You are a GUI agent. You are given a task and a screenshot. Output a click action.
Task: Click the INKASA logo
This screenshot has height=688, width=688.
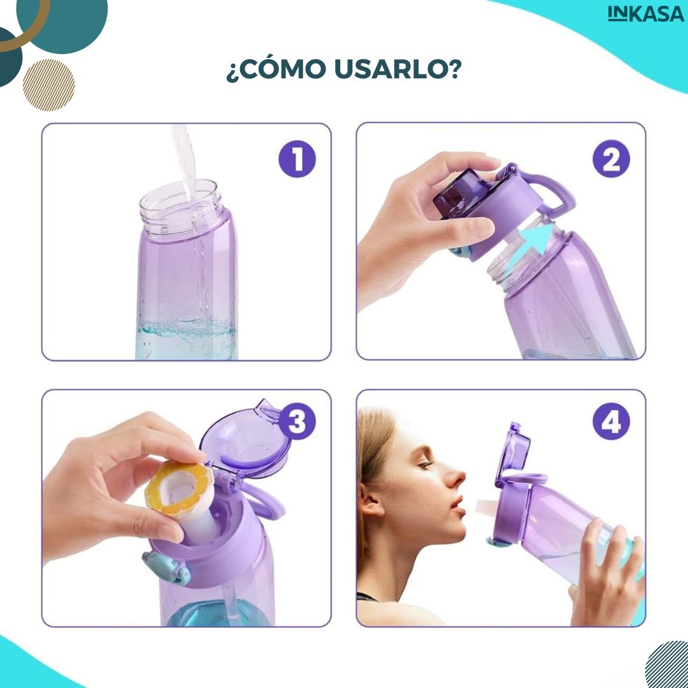click(x=645, y=13)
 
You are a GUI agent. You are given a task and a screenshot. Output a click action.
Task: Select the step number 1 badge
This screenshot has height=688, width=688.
click(x=297, y=159)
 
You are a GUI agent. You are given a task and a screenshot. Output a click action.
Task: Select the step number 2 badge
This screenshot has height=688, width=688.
click(x=611, y=159)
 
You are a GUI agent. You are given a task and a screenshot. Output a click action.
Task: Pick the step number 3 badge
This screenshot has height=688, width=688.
click(x=297, y=422)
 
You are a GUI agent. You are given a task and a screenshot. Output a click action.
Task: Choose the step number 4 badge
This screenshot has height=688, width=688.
click(x=611, y=422)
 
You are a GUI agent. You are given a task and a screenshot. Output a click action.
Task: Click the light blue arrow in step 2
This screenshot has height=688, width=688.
click(x=531, y=245)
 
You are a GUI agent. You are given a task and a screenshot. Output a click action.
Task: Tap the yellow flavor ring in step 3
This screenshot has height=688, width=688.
click(x=180, y=487)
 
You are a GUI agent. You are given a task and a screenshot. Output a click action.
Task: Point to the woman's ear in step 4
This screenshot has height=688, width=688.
click(x=370, y=500)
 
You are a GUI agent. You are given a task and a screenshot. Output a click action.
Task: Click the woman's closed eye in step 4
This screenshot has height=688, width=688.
click(x=424, y=465)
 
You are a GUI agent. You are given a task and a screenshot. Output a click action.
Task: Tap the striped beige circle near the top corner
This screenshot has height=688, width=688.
click(x=48, y=85)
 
